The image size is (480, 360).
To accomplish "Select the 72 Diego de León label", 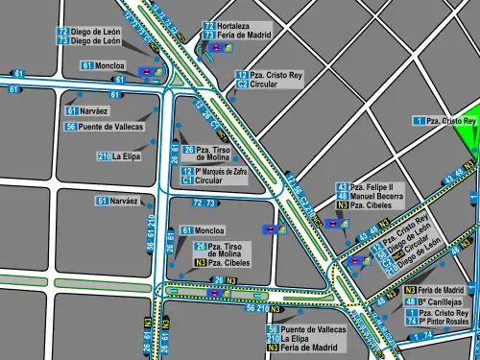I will click(92, 32).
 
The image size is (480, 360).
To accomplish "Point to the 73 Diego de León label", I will click(92, 41).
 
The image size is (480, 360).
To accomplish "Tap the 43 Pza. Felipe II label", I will click(365, 186).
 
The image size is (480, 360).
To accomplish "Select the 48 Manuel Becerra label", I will click(369, 196).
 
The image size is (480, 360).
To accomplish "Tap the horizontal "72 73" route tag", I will click(204, 204).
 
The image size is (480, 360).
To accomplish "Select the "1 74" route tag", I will click(423, 336).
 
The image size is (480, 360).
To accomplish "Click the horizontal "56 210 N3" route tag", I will click(264, 309).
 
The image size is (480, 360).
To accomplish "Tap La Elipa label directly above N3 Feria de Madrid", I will click(294, 339).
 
